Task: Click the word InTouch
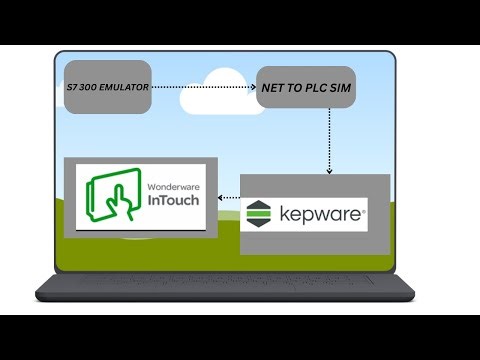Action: (x=173, y=200)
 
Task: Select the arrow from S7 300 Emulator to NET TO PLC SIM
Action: (x=200, y=88)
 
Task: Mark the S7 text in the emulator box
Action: (x=67, y=88)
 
